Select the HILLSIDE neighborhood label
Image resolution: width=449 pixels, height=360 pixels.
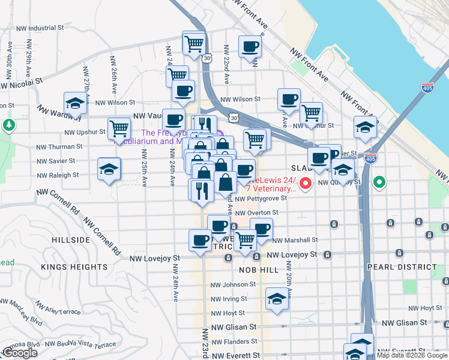[71, 239]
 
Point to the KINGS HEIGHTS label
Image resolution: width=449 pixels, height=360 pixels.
[74, 266]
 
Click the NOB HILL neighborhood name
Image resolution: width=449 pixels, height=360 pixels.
[259, 270]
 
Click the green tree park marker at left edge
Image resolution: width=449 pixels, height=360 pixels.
[8, 125]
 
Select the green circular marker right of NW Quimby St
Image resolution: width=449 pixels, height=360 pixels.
[379, 181]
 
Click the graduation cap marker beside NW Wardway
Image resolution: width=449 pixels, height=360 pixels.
[76, 103]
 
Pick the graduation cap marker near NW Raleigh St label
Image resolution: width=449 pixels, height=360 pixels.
[109, 170]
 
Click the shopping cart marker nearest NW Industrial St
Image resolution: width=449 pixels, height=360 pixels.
[194, 43]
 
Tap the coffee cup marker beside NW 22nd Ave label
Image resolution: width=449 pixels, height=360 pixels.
[250, 46]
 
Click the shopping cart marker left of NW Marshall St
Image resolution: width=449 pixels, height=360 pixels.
[245, 240]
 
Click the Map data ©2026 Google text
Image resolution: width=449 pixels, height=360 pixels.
[411, 355]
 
